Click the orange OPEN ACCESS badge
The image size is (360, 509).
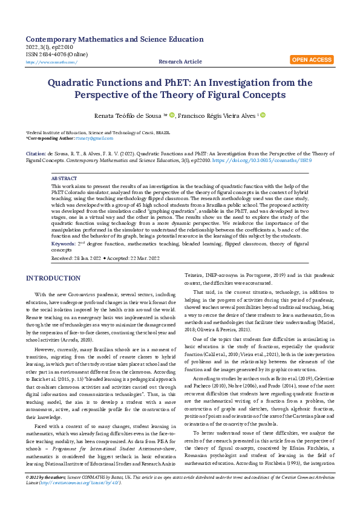tap(312, 60)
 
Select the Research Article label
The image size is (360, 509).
tap(180, 62)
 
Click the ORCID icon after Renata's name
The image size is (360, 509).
tap(172, 114)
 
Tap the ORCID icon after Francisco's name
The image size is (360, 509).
tap(263, 114)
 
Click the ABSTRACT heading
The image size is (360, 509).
tap(64, 180)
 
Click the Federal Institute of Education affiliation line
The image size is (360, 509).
tap(97, 132)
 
